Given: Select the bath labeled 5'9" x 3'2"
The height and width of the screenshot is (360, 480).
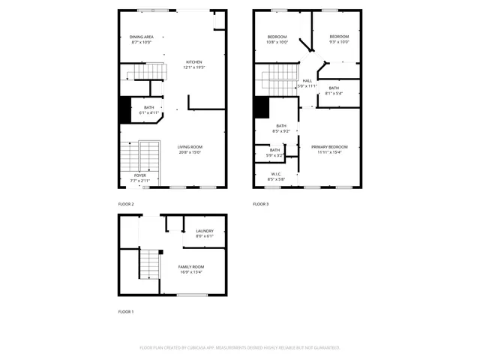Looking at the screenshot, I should tap(275, 152).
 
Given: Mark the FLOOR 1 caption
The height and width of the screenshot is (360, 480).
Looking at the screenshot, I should tap(126, 310).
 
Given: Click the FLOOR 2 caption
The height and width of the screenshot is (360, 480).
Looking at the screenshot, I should tap(126, 204).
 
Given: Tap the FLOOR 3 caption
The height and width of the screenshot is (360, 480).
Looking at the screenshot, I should tap(260, 204).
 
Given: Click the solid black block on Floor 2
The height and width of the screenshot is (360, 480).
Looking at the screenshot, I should tap(125, 111).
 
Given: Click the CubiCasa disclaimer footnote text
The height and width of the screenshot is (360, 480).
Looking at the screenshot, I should tap(240, 347).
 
